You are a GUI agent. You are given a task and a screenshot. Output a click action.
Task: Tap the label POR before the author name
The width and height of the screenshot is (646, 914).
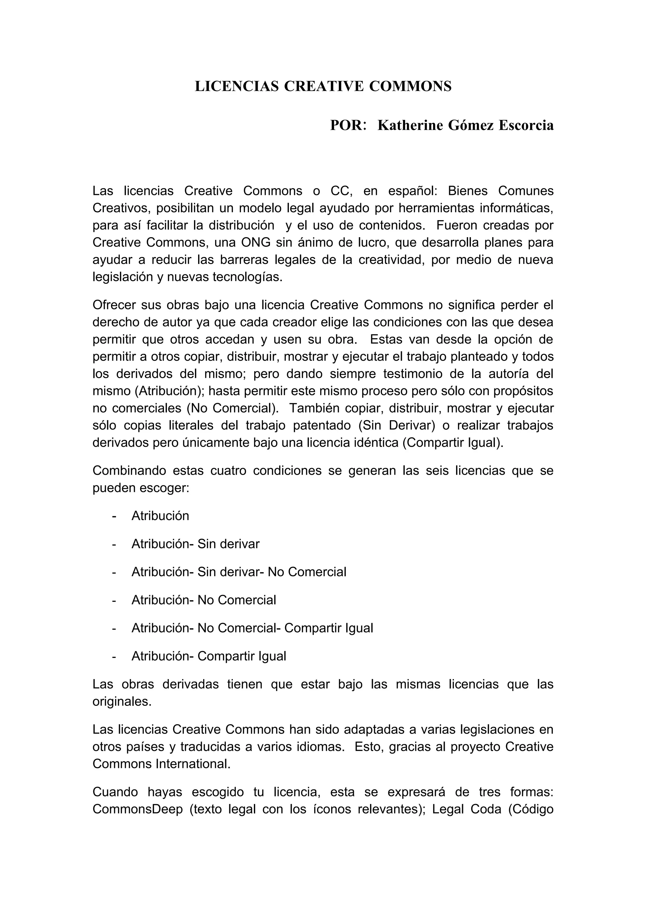coord(345,126)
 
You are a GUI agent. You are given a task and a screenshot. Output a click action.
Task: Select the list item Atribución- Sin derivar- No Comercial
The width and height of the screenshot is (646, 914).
coord(239,572)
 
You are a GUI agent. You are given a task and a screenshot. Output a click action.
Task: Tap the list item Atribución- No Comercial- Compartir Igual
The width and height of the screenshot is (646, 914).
coord(252,628)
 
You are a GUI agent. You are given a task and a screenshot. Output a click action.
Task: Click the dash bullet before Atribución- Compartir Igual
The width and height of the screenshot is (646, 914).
coord(114,656)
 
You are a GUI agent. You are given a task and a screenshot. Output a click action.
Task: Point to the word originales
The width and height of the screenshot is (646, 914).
coord(122,702)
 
